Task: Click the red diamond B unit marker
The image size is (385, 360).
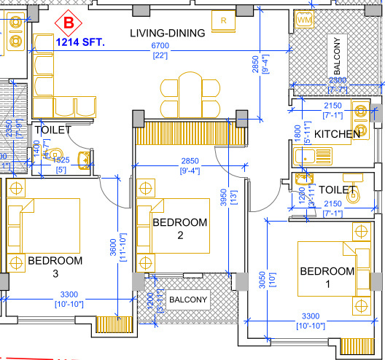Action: point(69,23)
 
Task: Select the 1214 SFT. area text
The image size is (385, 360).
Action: point(80,44)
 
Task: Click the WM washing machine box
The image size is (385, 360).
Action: point(304,21)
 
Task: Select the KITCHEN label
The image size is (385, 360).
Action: point(337,134)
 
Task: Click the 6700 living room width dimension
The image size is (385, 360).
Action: point(160,46)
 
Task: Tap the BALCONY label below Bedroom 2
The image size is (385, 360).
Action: point(187,300)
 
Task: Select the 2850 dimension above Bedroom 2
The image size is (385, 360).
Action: point(191,161)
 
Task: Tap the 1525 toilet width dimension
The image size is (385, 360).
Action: point(63,160)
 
